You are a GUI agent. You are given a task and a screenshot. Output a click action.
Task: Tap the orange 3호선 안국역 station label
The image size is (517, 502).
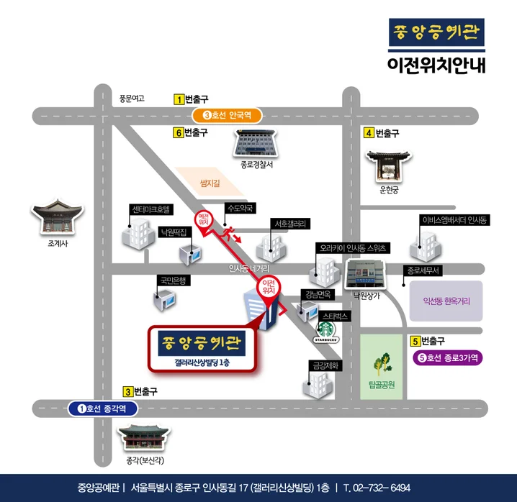point(227,115)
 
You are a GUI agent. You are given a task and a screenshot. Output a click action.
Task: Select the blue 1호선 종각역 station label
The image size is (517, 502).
point(103,409)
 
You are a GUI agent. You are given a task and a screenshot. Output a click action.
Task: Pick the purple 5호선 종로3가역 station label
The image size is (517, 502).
point(447,357)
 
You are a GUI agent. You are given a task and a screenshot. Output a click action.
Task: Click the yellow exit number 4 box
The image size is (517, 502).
point(369,133)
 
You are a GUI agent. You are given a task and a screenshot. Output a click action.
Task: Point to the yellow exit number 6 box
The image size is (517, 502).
point(177,133)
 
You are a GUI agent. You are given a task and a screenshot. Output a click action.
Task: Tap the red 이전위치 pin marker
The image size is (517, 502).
point(270,291)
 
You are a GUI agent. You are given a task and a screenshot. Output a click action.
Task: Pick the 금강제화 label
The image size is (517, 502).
point(323,365)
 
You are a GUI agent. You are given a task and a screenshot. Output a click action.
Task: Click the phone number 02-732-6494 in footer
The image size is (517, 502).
point(381,487)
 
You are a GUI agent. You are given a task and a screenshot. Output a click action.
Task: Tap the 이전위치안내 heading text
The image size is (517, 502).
point(436,65)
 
